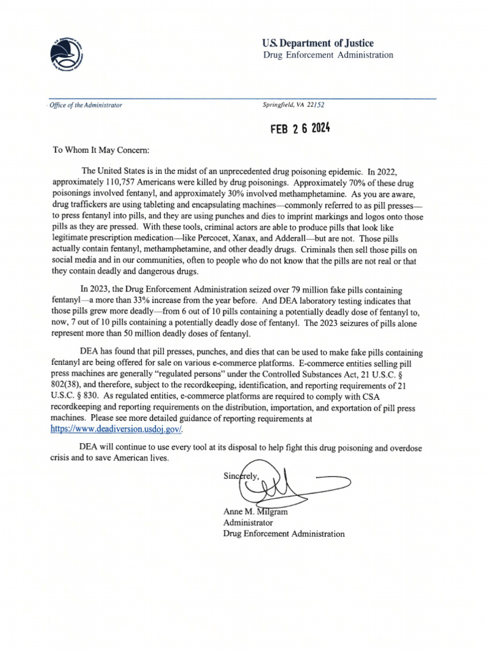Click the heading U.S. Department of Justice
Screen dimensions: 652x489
[x=318, y=43]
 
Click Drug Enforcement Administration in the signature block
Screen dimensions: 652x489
[x=283, y=534]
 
